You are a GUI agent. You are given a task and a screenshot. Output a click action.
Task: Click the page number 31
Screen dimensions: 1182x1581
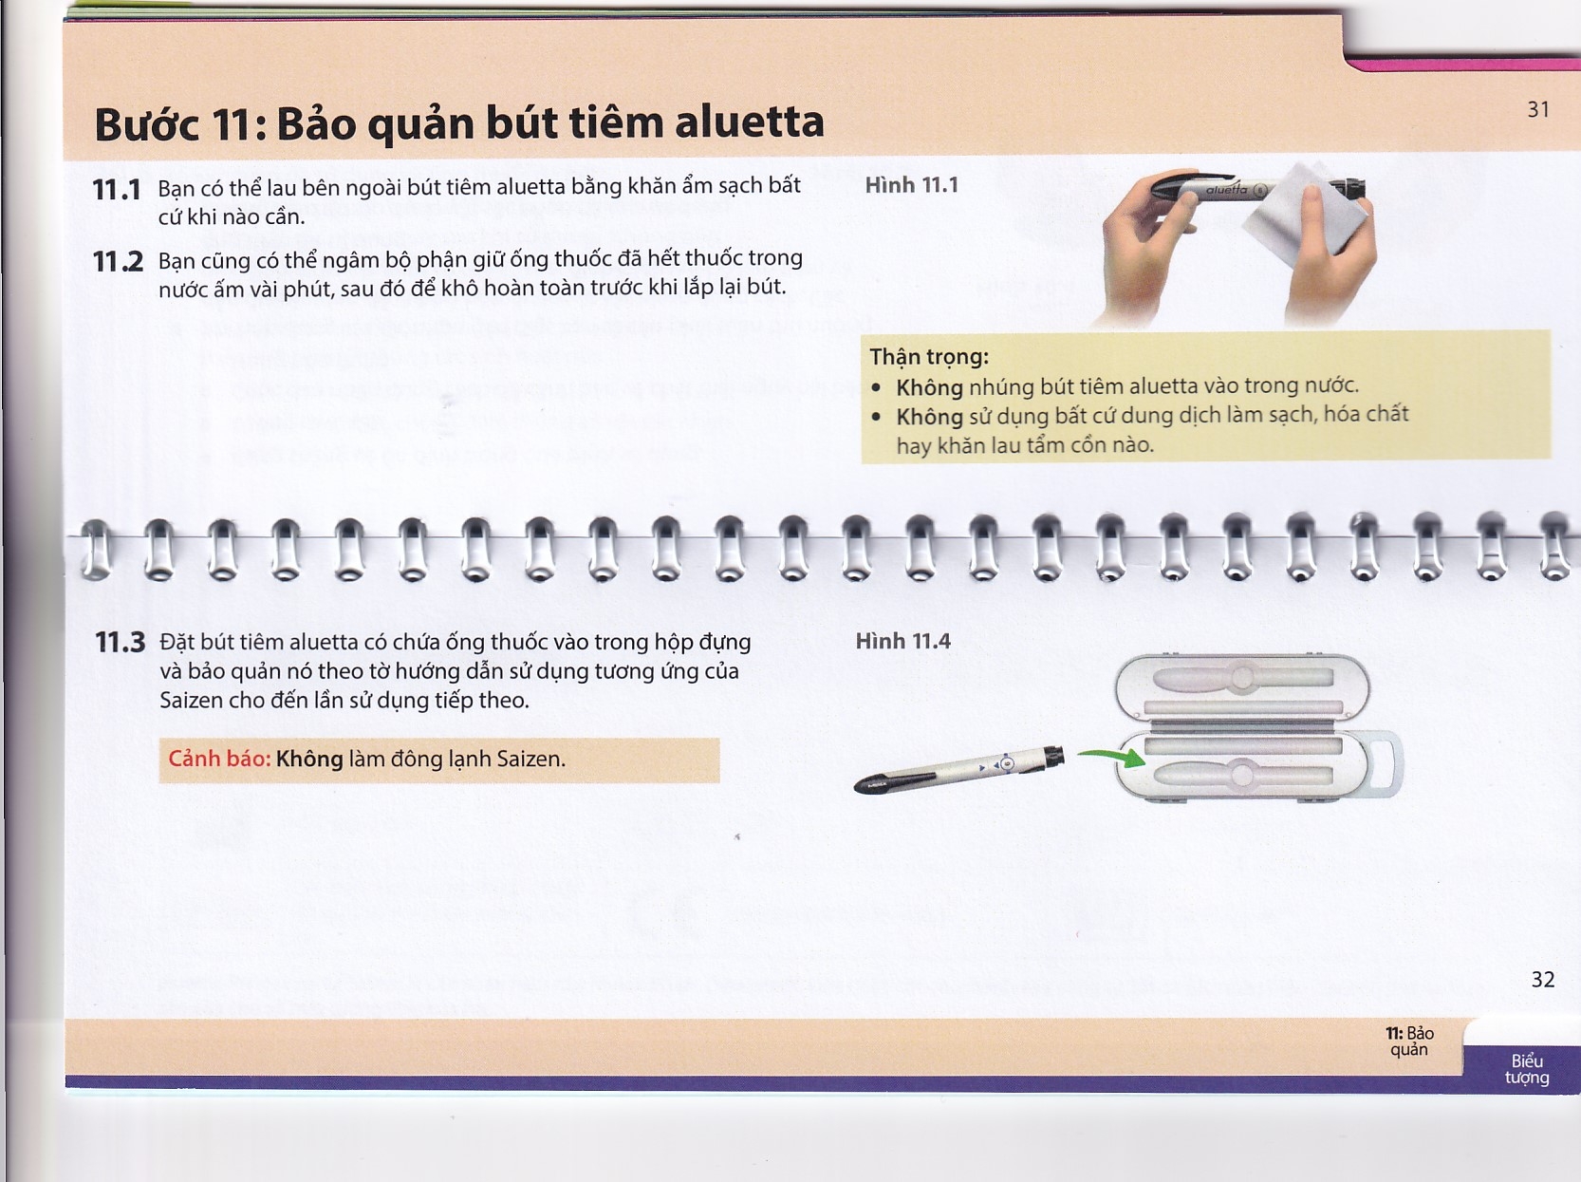pyautogui.click(x=1537, y=110)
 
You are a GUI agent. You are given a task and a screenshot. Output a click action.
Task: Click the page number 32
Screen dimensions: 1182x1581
pyautogui.click(x=1542, y=980)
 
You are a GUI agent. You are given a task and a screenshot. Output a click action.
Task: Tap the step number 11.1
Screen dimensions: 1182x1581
pyautogui.click(x=117, y=190)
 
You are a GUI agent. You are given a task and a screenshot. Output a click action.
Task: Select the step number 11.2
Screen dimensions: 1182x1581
pyautogui.click(x=118, y=261)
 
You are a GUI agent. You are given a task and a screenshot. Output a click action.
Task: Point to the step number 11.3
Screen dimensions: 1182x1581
pyautogui.click(x=120, y=643)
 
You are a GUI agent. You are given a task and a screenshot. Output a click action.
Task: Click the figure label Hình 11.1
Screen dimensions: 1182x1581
pyautogui.click(x=911, y=185)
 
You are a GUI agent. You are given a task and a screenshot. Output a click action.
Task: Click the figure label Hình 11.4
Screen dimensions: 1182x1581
pyautogui.click(x=902, y=642)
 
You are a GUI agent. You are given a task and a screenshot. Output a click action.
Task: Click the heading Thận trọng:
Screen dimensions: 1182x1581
pyautogui.click(x=929, y=357)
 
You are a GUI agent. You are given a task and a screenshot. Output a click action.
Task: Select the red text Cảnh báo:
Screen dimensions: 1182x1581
pyautogui.click(x=219, y=759)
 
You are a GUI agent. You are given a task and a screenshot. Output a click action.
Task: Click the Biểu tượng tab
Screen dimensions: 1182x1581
pyautogui.click(x=1526, y=1069)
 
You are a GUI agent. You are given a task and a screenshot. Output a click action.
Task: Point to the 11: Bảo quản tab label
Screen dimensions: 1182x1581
pyautogui.click(x=1409, y=1041)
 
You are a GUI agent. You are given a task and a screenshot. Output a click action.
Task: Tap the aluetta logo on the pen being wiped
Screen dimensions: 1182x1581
pyautogui.click(x=1226, y=190)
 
